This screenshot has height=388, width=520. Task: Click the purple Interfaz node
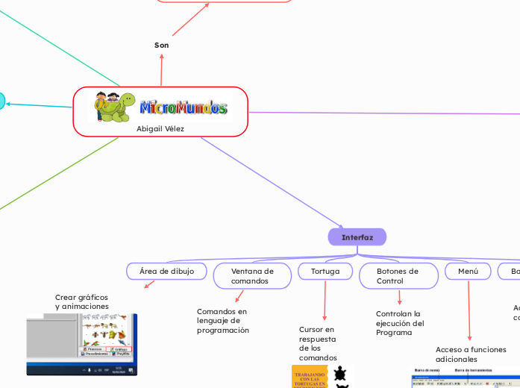coord(357,237)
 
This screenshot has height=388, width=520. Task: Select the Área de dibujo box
coord(166,272)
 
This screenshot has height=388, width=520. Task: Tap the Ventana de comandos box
coord(252,276)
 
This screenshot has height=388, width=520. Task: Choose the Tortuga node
coord(325,272)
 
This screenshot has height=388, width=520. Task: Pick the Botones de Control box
coord(398,276)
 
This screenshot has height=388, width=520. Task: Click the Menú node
coord(468,272)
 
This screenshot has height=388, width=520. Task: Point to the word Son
coord(161,46)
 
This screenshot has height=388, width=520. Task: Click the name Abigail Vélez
coord(160,128)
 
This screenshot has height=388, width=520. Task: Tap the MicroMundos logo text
coord(184,108)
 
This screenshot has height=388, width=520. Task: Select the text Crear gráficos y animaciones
coord(82,301)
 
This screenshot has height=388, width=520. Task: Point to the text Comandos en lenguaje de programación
coord(222,321)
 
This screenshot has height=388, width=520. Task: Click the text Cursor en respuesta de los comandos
coord(318,343)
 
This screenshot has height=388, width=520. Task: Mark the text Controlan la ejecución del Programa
coord(400,323)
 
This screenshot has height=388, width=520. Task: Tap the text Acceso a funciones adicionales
coord(471,354)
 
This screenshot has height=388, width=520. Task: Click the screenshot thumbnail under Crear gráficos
coord(82,344)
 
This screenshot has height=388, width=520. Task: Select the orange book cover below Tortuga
coord(310,376)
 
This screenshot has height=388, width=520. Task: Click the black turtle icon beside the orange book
coord(340,373)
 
